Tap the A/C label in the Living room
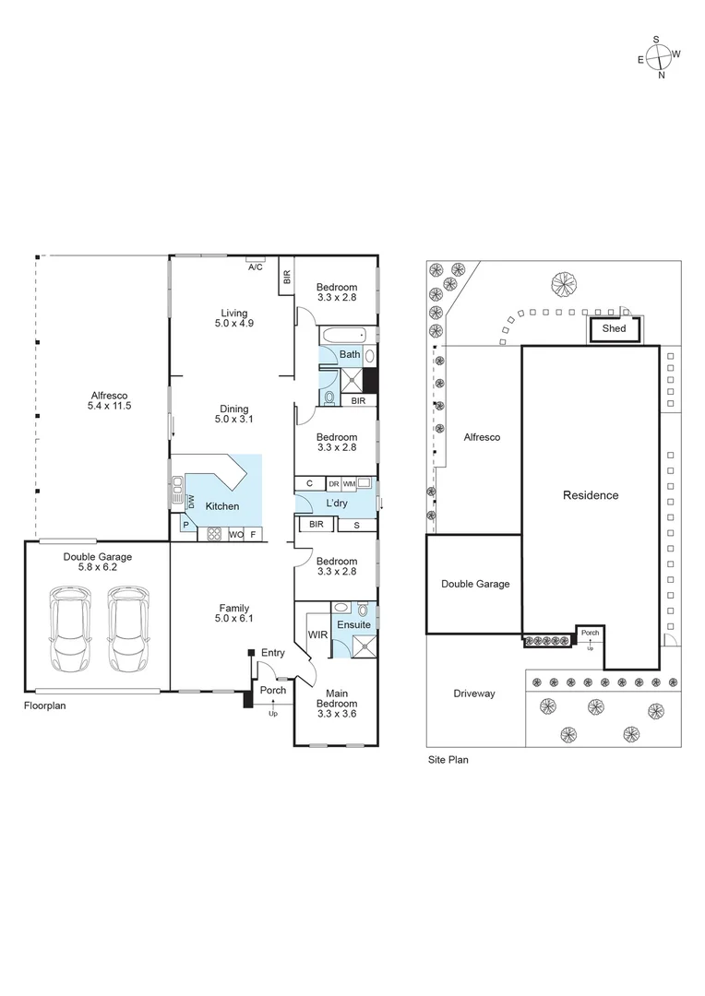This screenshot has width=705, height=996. tap(255, 267)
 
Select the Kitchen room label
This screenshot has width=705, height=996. tap(222, 506)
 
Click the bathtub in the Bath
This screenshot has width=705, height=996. tap(343, 336)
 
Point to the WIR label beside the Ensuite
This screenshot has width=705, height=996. tap(317, 634)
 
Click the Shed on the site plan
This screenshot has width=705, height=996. tap(614, 329)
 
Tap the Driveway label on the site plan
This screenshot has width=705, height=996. tap(474, 694)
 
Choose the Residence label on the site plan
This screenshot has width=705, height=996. tap(591, 495)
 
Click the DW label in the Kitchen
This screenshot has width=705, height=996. tap(191, 502)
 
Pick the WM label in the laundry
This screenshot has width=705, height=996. tap(349, 484)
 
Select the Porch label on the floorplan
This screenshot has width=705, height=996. tap(273, 690)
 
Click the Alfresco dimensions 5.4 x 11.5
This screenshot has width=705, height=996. tap(109, 406)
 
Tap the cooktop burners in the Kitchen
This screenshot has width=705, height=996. tap(214, 534)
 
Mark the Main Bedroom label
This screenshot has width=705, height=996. tap(337, 699)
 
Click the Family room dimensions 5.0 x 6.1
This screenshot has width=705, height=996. tap(234, 618)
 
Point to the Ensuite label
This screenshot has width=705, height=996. tap(354, 625)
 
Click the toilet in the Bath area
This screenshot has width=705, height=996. tap(329, 398)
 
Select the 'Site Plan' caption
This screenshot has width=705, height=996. tap(448, 760)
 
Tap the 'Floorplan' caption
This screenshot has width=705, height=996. tap(44, 705)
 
